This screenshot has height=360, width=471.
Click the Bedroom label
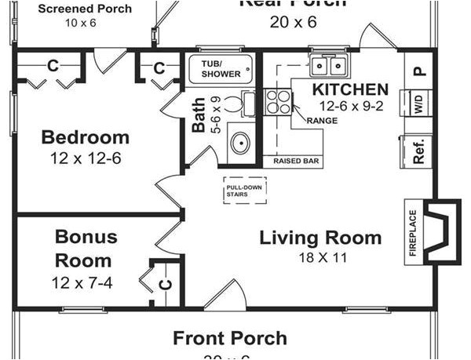(85, 137)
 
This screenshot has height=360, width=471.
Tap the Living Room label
(320, 238)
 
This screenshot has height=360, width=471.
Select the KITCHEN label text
(350, 89)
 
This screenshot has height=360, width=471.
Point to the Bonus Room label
(86, 248)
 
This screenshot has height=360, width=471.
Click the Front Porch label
(229, 338)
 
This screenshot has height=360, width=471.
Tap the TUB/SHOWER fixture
(221, 67)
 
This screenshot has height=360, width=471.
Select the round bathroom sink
(239, 143)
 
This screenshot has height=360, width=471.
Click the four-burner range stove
(278, 104)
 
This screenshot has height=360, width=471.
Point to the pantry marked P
(418, 70)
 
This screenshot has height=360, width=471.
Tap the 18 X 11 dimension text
(320, 257)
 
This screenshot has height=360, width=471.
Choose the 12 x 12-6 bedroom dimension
(85, 157)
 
